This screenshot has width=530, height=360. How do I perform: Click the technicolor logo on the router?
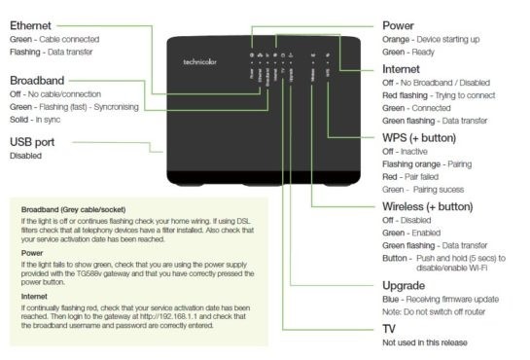[199, 62]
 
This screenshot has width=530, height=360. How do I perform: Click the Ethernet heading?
[30, 25]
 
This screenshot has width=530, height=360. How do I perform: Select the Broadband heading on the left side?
[37, 81]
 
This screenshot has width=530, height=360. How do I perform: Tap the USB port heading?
[32, 142]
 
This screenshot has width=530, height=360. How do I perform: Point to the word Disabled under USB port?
[25, 156]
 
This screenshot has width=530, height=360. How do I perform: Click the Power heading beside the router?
[398, 25]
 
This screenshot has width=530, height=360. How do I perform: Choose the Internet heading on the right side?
[401, 69]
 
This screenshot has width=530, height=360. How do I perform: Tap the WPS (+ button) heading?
[419, 138]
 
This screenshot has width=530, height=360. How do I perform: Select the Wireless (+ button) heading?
[428, 206]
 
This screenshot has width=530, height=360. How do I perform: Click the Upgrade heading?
[404, 286]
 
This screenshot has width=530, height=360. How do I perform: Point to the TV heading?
[389, 329]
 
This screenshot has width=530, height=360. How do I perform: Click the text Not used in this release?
[425, 342]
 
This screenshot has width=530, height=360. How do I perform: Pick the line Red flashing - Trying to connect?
[439, 95]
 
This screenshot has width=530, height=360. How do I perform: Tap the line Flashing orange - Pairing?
[427, 164]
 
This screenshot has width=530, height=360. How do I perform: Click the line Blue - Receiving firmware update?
[441, 300]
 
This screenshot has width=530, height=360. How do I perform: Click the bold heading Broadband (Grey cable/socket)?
[73, 209]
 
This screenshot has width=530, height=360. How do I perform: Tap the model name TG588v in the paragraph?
[88, 273]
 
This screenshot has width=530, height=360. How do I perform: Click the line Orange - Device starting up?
[431, 40]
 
